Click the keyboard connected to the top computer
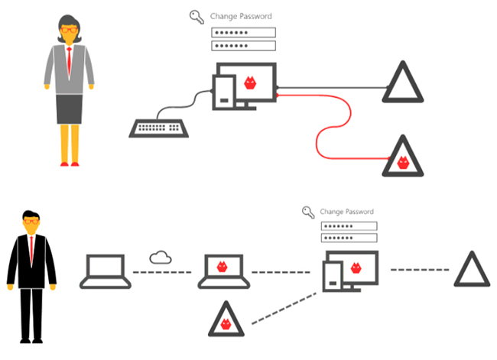coord(159,128)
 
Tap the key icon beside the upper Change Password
coord(197,15)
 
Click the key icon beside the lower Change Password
coord(308,212)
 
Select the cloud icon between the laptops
coord(161,257)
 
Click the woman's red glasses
coord(69,30)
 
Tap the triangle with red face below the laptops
coord(226,320)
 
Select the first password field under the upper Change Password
coord(242,33)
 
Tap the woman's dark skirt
coord(70,109)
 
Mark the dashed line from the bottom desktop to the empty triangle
coord(420,269)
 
